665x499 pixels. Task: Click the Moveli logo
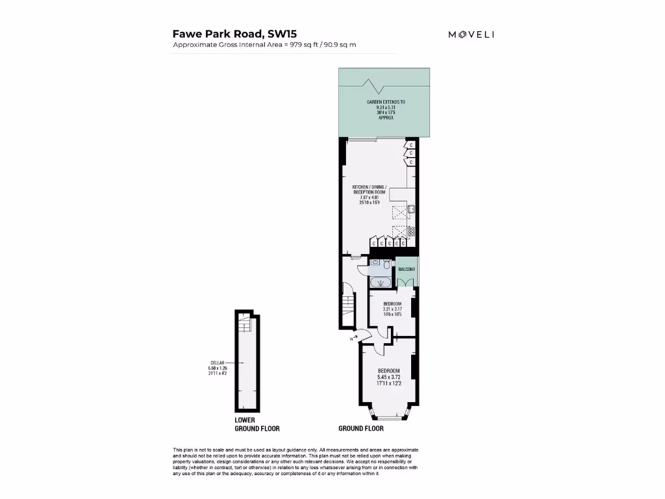pyautogui.click(x=471, y=34)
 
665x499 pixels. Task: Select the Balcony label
pyautogui.click(x=407, y=268)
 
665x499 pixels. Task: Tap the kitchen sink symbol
pyautogui.click(x=411, y=210)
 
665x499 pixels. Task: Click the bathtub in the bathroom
pyautogui.click(x=378, y=282)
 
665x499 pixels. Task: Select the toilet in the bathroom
pyautogui.click(x=386, y=264)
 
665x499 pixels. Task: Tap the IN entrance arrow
pyautogui.click(x=353, y=338)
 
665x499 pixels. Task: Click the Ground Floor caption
pyautogui.click(x=361, y=429)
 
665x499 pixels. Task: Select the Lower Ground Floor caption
pyautogui.click(x=257, y=424)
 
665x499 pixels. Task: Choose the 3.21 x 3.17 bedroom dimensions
pyautogui.click(x=392, y=309)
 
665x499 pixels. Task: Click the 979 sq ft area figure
pyautogui.click(x=304, y=45)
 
